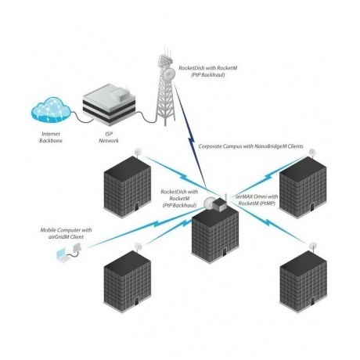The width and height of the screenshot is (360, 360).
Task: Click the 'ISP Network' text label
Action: click(101, 139)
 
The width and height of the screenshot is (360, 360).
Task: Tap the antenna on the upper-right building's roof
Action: click(311, 152)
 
